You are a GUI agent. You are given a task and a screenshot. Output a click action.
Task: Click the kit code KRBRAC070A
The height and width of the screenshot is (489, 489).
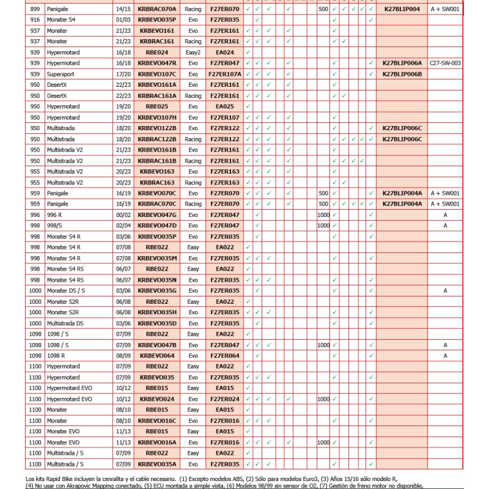pyautogui.click(x=156, y=9)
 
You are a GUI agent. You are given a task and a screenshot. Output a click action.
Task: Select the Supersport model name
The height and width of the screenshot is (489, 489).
pyautogui.click(x=60, y=74)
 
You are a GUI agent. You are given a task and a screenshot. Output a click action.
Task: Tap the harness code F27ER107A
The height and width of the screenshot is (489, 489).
pyautogui.click(x=225, y=74)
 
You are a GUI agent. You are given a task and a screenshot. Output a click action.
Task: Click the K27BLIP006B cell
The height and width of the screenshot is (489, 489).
pyautogui.click(x=402, y=74)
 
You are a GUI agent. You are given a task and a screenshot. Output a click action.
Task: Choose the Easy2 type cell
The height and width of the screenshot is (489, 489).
pyautogui.click(x=193, y=53)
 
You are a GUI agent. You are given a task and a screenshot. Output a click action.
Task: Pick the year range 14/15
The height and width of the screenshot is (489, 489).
pyautogui.click(x=122, y=9)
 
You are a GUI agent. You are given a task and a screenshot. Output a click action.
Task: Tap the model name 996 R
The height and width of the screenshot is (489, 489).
pyautogui.click(x=56, y=215)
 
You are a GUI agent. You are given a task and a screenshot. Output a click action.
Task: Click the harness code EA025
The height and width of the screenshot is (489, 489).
pyautogui.click(x=225, y=106)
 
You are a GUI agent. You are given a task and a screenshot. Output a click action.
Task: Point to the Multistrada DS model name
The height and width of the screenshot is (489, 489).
pyautogui.click(x=65, y=323)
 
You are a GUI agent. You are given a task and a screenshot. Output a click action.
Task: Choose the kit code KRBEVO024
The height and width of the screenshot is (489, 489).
pyautogui.click(x=156, y=399)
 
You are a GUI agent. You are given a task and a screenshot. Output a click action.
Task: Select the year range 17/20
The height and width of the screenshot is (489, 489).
pyautogui.click(x=122, y=74)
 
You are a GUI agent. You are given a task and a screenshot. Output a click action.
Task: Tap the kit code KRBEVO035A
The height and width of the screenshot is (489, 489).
pyautogui.click(x=156, y=464)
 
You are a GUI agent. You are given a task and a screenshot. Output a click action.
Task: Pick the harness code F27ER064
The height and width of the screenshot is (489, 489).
pyautogui.click(x=225, y=356)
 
